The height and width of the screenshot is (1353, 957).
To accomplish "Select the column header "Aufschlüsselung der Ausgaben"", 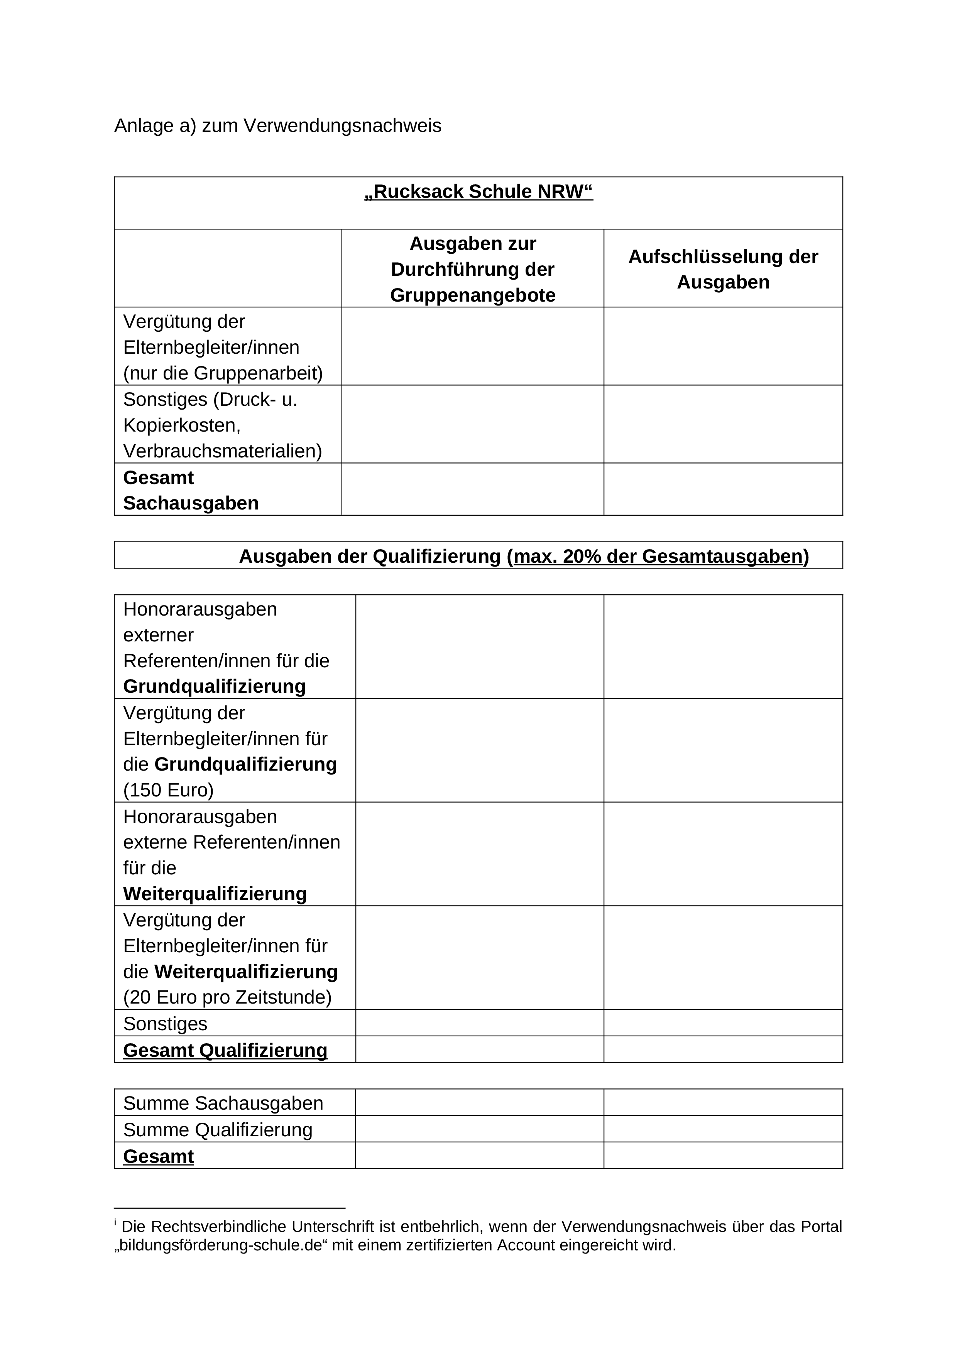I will click(723, 269).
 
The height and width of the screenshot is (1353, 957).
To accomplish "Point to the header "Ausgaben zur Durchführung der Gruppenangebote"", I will click(472, 269).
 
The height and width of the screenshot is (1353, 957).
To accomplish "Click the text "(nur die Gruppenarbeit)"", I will click(223, 373).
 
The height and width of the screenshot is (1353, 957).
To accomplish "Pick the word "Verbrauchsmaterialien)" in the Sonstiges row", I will click(222, 451).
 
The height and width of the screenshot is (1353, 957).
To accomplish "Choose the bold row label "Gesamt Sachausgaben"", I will click(191, 490).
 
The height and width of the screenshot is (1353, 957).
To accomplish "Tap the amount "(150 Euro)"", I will click(168, 790).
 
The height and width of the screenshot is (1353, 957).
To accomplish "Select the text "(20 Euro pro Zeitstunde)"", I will click(227, 997).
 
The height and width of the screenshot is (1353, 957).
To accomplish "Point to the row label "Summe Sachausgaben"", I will click(223, 1103).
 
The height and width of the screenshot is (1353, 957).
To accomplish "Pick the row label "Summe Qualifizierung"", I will click(218, 1130).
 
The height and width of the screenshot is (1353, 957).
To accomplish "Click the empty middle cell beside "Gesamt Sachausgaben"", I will click(472, 489).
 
